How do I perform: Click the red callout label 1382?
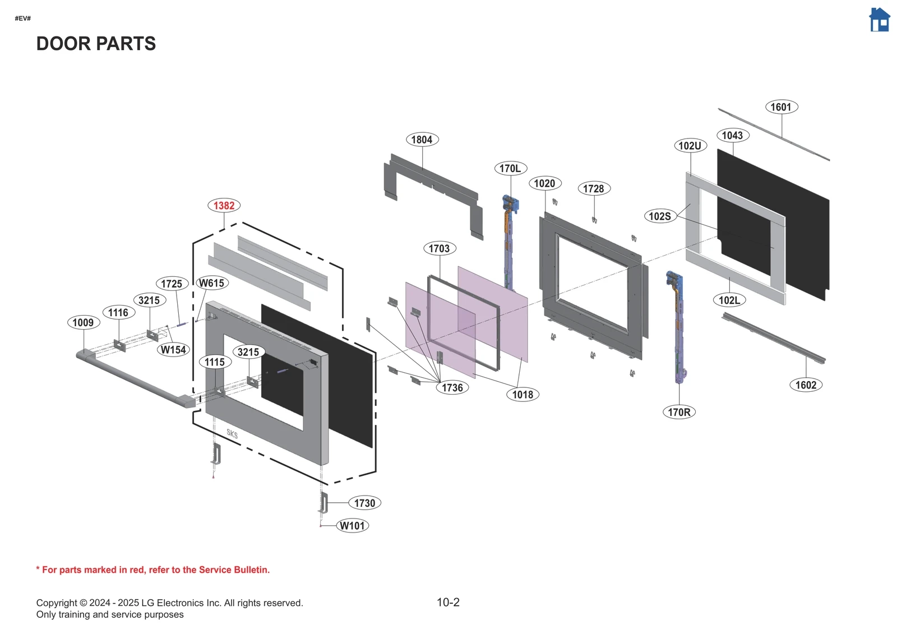(x=224, y=206)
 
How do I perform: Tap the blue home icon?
(x=879, y=20)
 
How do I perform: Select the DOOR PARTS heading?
(x=96, y=44)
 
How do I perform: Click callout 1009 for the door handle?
(x=83, y=322)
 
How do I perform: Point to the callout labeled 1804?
(x=422, y=140)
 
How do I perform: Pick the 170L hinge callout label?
(x=510, y=168)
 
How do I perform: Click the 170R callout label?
(x=679, y=412)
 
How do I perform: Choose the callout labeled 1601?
(x=781, y=107)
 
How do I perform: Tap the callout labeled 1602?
(x=806, y=385)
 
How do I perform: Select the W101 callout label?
(x=353, y=526)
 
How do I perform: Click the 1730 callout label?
(x=364, y=503)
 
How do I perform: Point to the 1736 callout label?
(x=452, y=387)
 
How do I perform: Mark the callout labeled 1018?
(x=523, y=395)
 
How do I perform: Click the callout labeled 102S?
(x=660, y=216)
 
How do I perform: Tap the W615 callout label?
(x=211, y=283)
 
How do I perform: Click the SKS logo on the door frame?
(x=232, y=434)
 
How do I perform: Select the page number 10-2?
(x=448, y=603)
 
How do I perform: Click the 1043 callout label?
(x=732, y=135)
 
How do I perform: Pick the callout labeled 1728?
(x=593, y=189)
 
